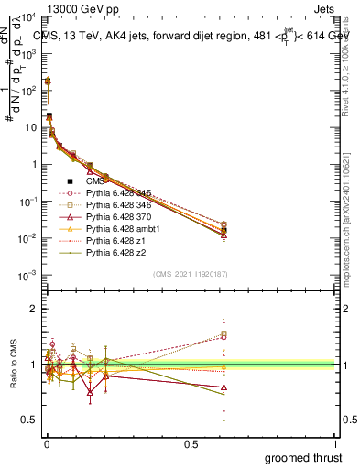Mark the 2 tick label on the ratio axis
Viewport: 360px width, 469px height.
coord(33,310)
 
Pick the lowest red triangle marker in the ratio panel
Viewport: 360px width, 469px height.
coord(91,395)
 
